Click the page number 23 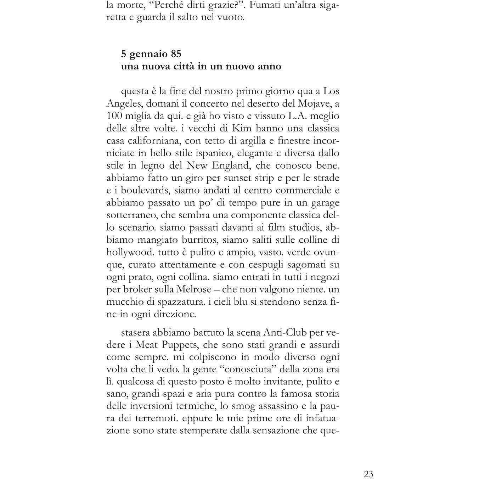click(368, 464)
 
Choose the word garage click(325, 203)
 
